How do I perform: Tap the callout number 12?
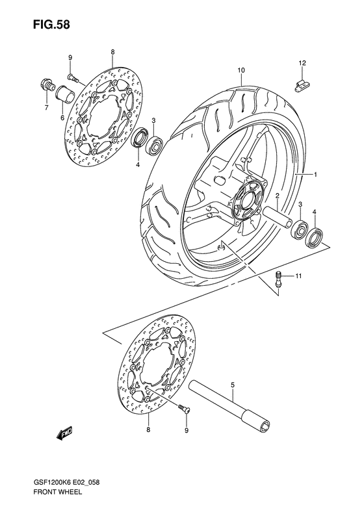(x=302, y=63)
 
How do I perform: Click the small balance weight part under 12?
(x=301, y=82)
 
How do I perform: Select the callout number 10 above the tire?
(x=240, y=70)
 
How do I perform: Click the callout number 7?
(x=45, y=108)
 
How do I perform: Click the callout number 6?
(x=62, y=118)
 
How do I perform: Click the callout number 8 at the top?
(x=112, y=52)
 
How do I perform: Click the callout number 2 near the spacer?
(x=276, y=196)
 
